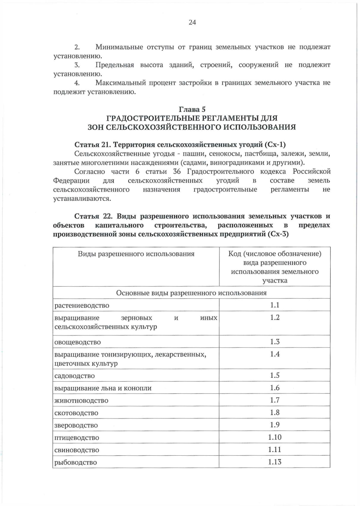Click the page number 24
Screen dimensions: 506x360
[x=192, y=22]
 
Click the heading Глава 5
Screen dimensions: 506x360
[x=192, y=109]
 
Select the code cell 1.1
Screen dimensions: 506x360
[x=274, y=305]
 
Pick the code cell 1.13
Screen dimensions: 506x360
[x=274, y=462]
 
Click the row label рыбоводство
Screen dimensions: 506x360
[x=76, y=462]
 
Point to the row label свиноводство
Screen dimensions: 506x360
[x=76, y=450]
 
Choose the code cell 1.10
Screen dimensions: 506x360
[x=274, y=437]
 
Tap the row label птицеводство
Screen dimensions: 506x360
[x=76, y=438]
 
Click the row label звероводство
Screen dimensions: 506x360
[x=76, y=425]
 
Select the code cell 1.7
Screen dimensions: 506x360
[x=274, y=400]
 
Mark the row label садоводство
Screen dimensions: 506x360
[x=74, y=376]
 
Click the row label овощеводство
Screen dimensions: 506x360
[x=77, y=342]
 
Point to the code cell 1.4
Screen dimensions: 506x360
[x=274, y=354]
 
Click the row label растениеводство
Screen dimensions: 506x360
[x=82, y=305]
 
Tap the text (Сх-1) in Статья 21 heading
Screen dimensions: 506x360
[x=275, y=145]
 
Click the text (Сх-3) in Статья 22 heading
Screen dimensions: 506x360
[x=277, y=234]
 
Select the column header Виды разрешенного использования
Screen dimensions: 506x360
[x=136, y=254]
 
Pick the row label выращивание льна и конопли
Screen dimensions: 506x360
[x=103, y=388]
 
